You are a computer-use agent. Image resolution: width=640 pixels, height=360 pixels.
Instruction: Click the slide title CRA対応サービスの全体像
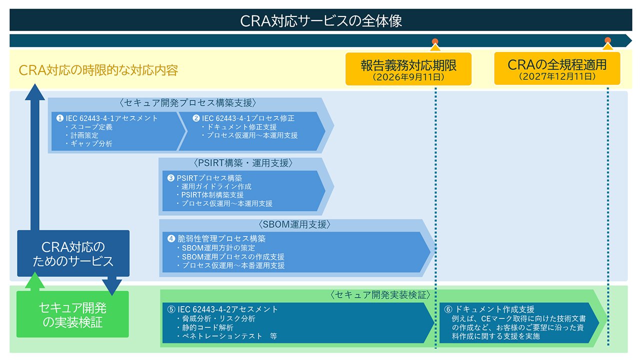click(320, 21)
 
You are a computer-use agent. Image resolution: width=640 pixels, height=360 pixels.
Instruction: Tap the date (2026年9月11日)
click(408, 77)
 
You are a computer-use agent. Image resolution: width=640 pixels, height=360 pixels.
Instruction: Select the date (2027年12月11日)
click(557, 77)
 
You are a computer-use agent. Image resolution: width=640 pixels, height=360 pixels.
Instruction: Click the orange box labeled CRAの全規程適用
click(557, 68)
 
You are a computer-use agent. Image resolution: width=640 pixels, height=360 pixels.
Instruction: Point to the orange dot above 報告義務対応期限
click(435, 41)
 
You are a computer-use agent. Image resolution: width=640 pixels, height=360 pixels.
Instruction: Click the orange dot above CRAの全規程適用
click(607, 40)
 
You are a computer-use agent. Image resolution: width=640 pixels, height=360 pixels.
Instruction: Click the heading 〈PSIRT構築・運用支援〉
click(242, 163)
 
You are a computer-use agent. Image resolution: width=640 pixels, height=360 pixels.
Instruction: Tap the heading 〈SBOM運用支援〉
click(295, 224)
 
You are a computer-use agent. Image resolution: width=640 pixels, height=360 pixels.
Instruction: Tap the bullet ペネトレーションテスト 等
click(227, 336)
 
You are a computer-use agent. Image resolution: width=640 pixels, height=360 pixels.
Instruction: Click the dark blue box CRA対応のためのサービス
click(73, 253)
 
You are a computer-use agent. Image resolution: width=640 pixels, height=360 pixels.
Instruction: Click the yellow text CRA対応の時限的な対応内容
click(98, 70)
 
